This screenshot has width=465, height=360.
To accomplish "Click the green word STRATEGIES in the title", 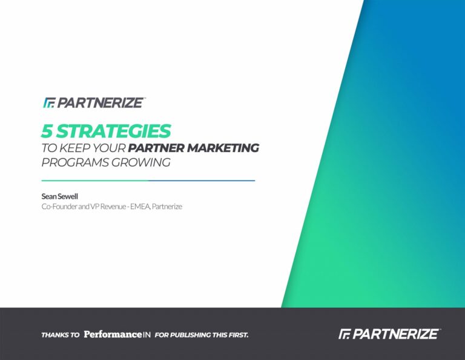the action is pos(114,131).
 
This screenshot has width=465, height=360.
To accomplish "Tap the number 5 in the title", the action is pos(47,131).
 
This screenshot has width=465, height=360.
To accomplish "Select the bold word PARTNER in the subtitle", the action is pos(156,148).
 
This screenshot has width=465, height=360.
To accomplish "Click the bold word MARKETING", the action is pos(223,148).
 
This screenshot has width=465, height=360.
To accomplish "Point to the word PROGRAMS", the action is pos(74,162).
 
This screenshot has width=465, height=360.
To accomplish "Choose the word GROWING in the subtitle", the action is pos(141,162).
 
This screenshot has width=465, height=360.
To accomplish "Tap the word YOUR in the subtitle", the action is pos(109,148).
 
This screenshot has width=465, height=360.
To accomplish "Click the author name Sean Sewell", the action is pos(59,196).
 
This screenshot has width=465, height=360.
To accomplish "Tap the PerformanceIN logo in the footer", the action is pos(117,335).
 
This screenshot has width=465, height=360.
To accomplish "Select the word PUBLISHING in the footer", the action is pos(190,335).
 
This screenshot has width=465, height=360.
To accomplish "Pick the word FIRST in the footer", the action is pos(238,335).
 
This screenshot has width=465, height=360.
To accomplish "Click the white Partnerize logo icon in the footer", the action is pos(345,334).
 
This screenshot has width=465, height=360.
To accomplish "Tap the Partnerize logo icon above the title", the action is pos(50,102).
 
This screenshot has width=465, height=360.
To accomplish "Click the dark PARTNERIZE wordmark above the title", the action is pos(101,102).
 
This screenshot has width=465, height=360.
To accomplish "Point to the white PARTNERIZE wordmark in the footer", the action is pos(395,334).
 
